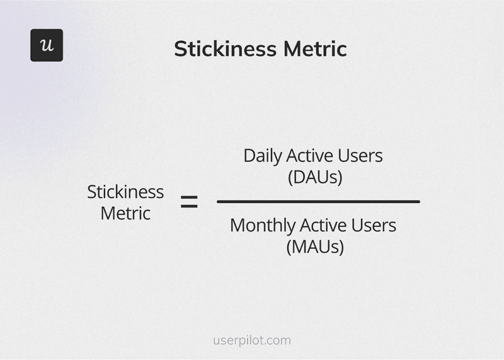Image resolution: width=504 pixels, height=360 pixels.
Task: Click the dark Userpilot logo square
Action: coord(47,45)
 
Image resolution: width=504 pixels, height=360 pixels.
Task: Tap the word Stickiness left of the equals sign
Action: coord(125,192)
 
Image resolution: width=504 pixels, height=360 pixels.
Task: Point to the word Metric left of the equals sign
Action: coord(125,213)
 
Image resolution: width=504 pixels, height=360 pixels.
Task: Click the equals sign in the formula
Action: coord(189,202)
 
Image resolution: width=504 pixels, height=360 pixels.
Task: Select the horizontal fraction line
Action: coord(318,202)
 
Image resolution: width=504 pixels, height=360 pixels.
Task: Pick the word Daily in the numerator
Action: coord(262,156)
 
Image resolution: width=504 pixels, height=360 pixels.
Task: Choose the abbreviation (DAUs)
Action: coord(315,178)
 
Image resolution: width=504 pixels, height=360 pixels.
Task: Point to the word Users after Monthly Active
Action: coord(375,225)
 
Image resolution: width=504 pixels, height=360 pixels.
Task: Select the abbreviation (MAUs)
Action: coord(315,247)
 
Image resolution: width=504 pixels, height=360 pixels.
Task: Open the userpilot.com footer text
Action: coord(252,340)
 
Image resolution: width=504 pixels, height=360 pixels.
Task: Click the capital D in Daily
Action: coord(249,156)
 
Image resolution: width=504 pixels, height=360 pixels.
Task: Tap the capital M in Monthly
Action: coord(238,225)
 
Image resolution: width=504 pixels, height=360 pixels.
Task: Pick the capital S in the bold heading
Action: coord(180,49)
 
